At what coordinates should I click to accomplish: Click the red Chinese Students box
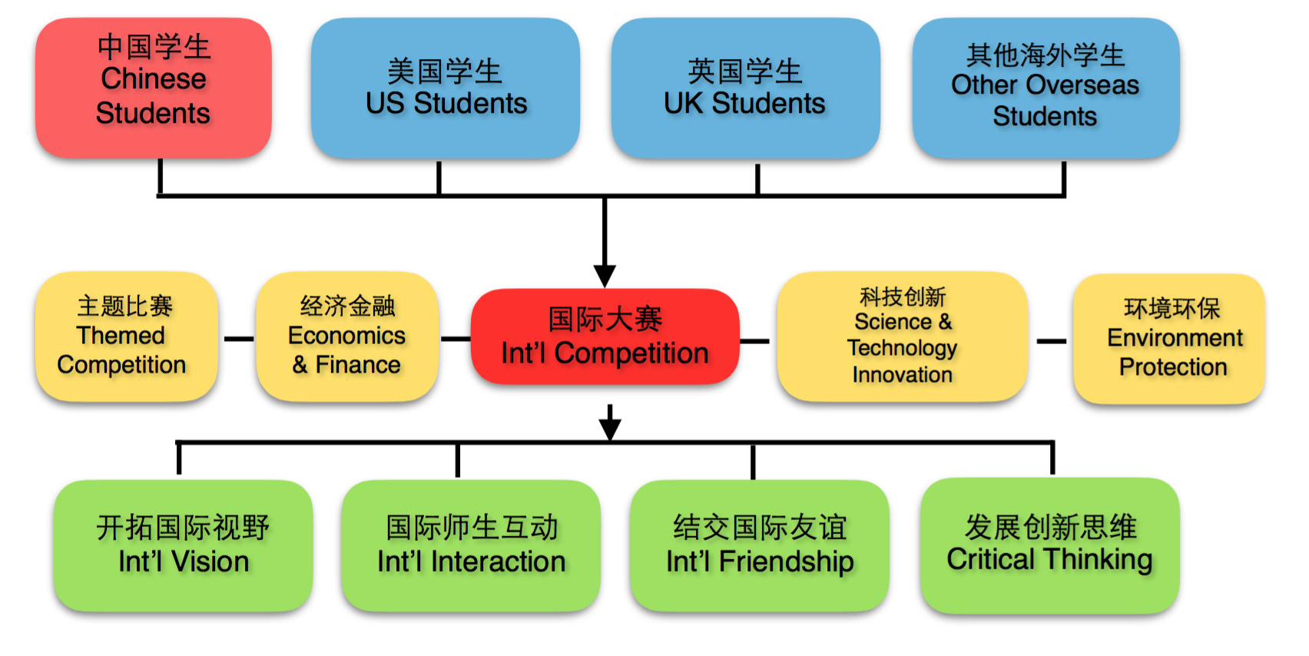(154, 88)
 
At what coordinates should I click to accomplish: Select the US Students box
(446, 88)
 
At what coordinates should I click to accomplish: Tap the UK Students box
(745, 88)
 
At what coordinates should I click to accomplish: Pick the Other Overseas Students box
(1046, 88)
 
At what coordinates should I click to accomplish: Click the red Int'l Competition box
(605, 336)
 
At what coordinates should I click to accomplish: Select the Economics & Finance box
(347, 336)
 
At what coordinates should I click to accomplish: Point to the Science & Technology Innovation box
(902, 336)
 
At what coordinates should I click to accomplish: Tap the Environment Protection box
(1168, 339)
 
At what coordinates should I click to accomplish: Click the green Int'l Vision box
(183, 545)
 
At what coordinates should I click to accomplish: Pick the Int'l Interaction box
(471, 545)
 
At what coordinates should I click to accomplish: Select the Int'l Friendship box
(759, 545)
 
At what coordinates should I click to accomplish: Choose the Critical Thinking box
(1049, 545)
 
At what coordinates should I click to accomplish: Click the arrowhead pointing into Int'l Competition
(605, 275)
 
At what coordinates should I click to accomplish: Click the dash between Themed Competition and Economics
(238, 339)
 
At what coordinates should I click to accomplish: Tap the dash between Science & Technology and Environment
(1051, 341)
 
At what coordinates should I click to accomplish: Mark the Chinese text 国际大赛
(605, 319)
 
